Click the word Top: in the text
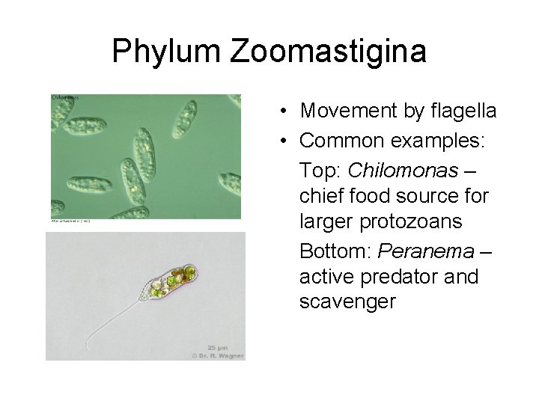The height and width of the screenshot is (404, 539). (318, 171)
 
